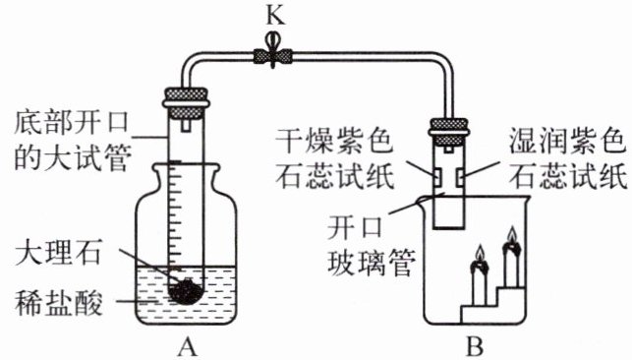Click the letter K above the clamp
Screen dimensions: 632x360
pos(275,17)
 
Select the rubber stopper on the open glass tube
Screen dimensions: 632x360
pos(448,132)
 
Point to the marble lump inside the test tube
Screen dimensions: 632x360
pos(185,291)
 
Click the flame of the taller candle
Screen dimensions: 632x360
pos(512,236)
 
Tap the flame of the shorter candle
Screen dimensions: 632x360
pos(480,254)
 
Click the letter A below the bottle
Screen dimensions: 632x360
pos(187,346)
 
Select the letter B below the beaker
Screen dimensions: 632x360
pos(475,346)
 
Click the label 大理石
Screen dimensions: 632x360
pos(58,252)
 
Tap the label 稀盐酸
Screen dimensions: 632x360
pos(58,303)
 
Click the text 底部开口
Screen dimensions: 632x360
pos(72,122)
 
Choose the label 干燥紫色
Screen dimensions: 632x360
pos(334,142)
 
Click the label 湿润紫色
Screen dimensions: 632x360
pos(568,141)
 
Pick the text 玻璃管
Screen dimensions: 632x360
pos(372,263)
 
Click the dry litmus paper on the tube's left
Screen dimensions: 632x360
pos(437,177)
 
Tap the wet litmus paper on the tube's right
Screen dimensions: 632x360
pos(460,177)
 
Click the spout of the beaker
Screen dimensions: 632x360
pos(423,200)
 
